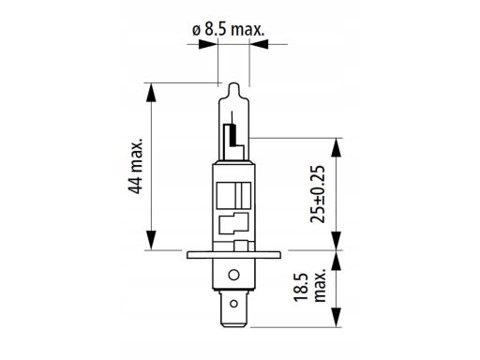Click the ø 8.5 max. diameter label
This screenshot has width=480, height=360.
click(229, 30)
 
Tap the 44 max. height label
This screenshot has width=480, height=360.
click(136, 166)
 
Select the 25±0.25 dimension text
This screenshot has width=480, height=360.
click(318, 194)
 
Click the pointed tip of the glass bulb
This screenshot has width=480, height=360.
click(233, 83)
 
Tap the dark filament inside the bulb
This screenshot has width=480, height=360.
click(232, 135)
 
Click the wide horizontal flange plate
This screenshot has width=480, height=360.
click(233, 255)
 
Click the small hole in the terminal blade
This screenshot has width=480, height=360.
click(233, 304)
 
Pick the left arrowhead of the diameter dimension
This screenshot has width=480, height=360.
click(207, 44)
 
